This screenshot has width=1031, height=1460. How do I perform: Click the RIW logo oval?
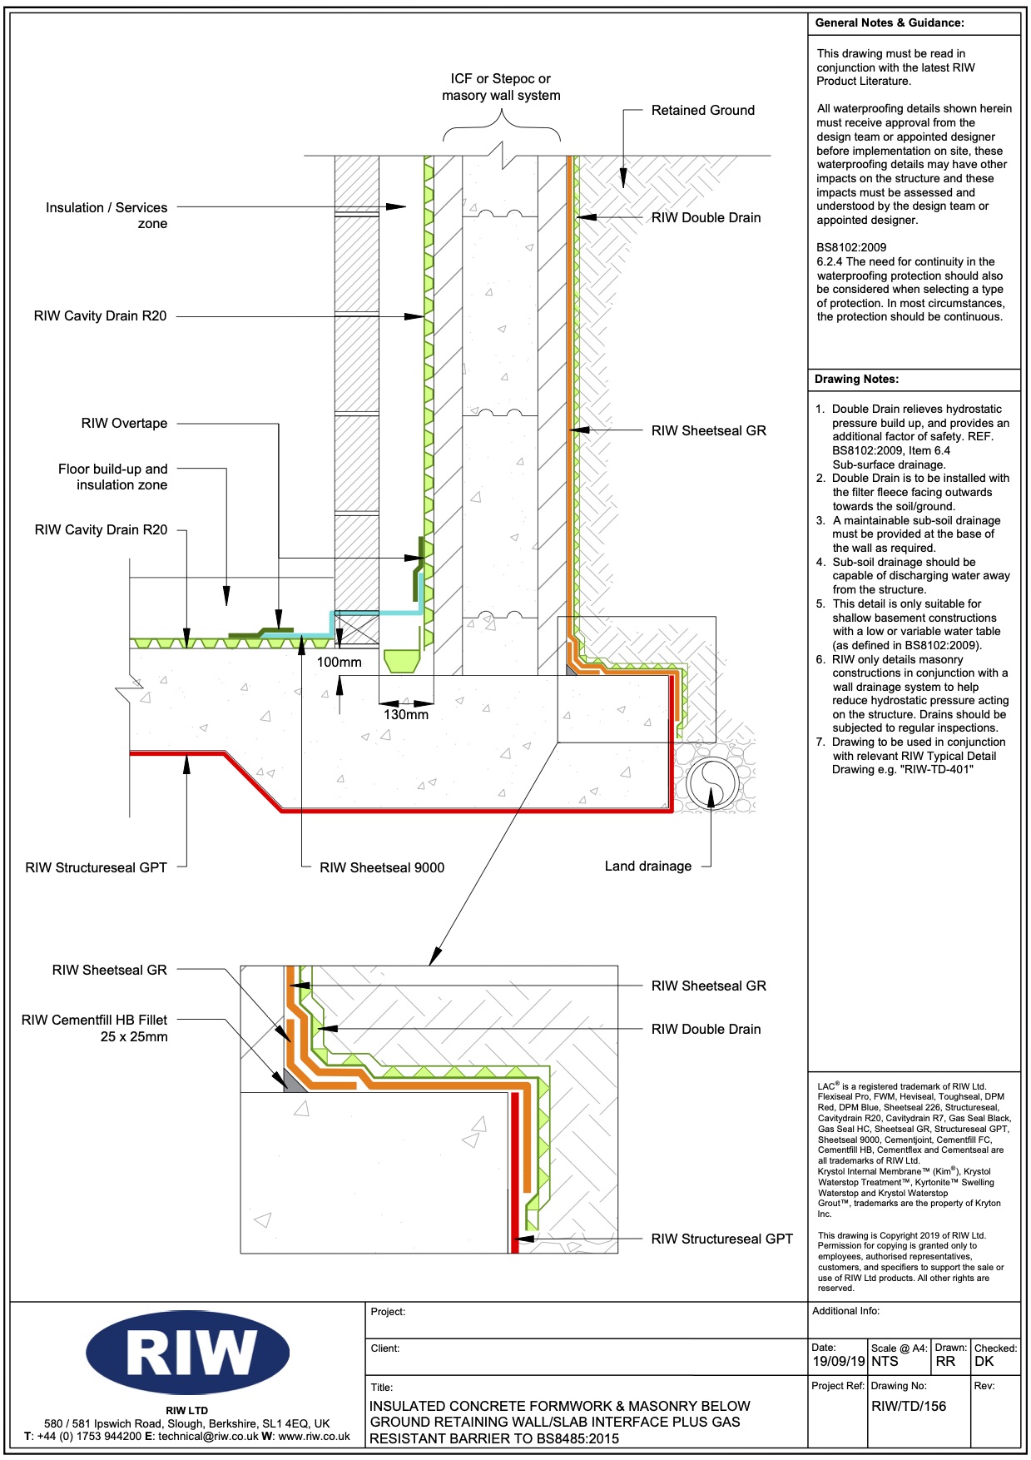(187, 1353)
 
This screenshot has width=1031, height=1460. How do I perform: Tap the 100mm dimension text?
(339, 663)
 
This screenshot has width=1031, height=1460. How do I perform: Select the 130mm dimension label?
(405, 714)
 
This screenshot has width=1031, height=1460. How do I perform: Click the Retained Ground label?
(702, 110)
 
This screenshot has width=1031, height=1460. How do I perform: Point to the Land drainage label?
(647, 866)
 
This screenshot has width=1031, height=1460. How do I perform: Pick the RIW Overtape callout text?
(124, 423)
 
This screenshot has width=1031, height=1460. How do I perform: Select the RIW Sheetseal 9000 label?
(382, 867)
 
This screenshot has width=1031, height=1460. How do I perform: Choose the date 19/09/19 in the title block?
(839, 1361)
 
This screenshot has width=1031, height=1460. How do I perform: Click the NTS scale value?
(885, 1361)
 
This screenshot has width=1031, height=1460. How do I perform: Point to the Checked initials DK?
(984, 1361)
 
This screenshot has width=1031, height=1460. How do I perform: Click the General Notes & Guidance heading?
(890, 22)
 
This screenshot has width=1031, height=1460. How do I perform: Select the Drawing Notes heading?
(856, 379)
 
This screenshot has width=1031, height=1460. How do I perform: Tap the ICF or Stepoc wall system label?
(501, 87)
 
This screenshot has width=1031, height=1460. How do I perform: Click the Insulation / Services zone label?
(107, 215)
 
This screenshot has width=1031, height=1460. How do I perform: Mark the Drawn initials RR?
(945, 1361)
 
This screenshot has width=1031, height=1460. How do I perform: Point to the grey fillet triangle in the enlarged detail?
(293, 1081)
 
